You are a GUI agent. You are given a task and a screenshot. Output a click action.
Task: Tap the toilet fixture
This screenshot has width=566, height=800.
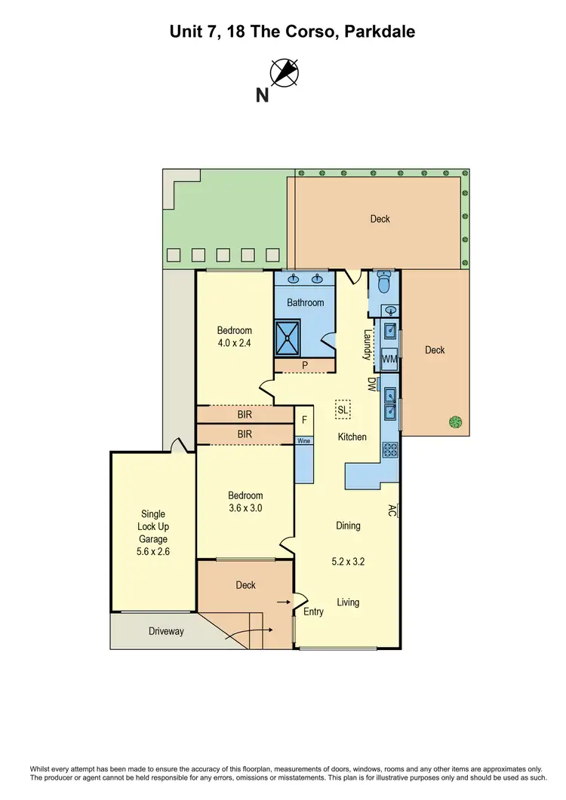tap(383, 282)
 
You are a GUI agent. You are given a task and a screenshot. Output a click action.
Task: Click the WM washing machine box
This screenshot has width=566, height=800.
tap(389, 359)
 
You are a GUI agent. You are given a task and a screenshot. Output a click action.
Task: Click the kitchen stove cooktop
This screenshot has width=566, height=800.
tap(391, 450)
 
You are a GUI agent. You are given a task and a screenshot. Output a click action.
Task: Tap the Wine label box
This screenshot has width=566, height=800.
tap(303, 440)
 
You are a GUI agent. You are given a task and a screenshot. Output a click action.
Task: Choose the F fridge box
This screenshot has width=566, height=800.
tap(304, 420)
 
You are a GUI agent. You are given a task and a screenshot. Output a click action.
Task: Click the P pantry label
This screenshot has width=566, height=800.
tap(304, 365)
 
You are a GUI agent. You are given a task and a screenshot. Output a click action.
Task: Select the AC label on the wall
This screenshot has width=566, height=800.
tap(392, 510)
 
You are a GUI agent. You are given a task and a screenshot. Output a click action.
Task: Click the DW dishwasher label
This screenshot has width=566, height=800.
tap(371, 384)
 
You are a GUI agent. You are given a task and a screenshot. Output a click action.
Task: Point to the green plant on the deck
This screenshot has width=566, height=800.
tap(455, 422)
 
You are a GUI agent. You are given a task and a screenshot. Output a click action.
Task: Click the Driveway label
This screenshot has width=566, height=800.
tap(165, 631)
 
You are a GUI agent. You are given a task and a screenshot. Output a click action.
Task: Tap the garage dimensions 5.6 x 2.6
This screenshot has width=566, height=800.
tap(152, 552)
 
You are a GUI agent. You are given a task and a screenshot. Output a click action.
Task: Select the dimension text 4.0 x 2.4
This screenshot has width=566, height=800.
tap(235, 343)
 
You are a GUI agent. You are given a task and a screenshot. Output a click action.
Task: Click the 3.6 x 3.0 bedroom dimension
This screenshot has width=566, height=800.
tap(245, 508)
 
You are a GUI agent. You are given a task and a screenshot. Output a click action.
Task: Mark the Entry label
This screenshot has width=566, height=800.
tap(313, 611)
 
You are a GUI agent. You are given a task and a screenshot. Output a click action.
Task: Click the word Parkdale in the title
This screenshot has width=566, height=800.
tap(380, 32)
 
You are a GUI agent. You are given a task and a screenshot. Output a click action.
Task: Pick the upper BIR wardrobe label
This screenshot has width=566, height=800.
tap(245, 415)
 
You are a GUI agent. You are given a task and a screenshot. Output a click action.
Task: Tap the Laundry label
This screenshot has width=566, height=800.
tap(368, 345)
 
